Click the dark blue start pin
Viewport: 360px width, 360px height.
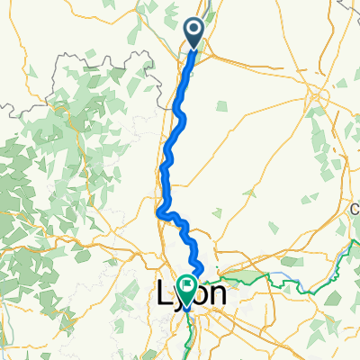[196, 32]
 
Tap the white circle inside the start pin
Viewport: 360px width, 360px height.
[196, 30]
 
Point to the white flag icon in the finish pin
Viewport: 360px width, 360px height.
[187, 286]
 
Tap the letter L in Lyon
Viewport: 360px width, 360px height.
[165, 293]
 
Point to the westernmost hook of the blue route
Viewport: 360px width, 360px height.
[158, 213]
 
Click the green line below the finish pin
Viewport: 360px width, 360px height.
[186, 315]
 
